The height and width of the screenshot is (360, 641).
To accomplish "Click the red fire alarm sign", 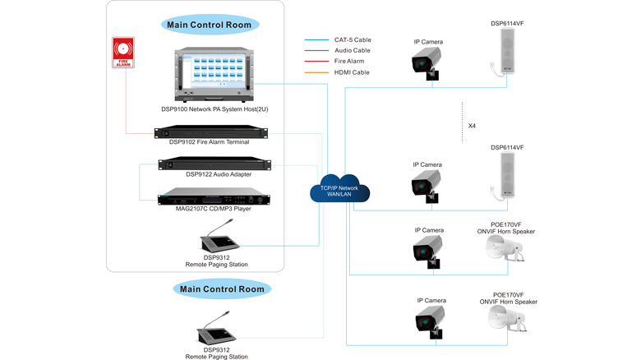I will tap(123, 52).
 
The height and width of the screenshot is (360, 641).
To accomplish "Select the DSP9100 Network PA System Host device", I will tap(214, 75).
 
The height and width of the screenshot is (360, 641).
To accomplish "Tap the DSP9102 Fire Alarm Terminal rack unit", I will tap(211, 132).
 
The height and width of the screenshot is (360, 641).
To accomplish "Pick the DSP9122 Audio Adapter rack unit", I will tap(214, 164).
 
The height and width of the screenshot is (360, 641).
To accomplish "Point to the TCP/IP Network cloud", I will tap(339, 190).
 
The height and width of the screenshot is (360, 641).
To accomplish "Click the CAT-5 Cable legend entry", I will tap(352, 39).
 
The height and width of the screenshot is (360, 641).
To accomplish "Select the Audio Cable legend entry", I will tap(352, 50).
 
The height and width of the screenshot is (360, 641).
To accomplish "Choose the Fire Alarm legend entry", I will tap(349, 62).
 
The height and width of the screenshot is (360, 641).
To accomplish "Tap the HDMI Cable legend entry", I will tap(352, 72).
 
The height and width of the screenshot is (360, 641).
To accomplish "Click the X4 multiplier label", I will tap(472, 127).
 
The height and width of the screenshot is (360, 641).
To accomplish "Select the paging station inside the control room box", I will tap(219, 240).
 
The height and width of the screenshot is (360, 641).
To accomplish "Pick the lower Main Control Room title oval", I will tap(222, 289).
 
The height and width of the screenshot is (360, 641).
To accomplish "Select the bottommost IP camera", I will tap(429, 321).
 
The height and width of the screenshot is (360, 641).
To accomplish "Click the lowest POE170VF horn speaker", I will tap(506, 320).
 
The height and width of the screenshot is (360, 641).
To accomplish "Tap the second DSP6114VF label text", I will tap(507, 148).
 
